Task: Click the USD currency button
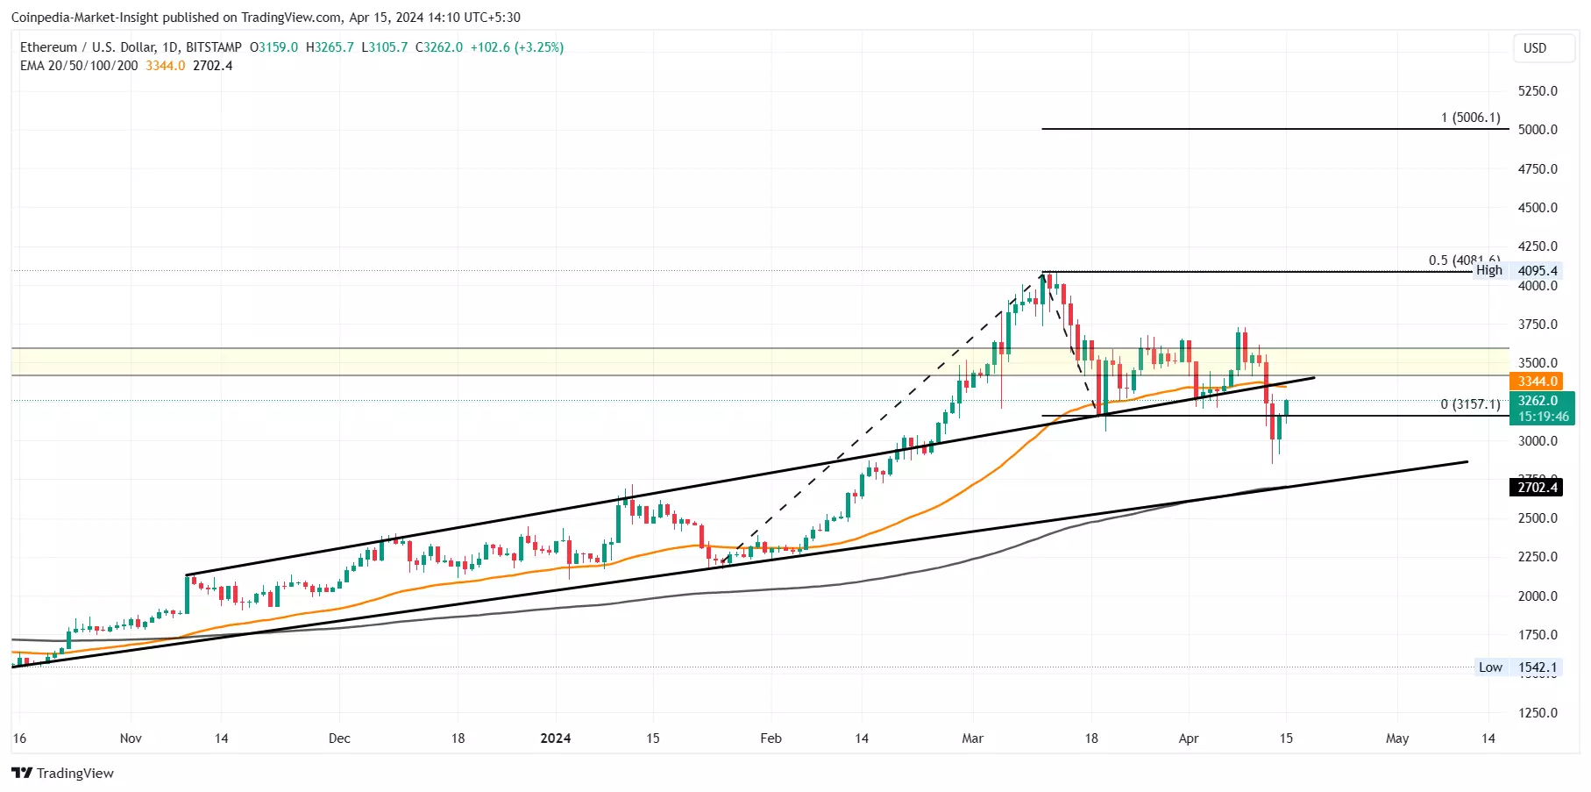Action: pos(1534,48)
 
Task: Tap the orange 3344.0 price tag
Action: pos(1538,382)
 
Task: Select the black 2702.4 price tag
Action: pos(1538,488)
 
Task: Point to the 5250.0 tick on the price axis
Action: pos(1538,91)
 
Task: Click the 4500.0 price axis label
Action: pos(1538,208)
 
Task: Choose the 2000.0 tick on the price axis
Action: pos(1538,596)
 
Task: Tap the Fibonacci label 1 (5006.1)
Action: pos(1470,118)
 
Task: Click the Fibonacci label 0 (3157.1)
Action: pos(1470,404)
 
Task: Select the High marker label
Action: pos(1488,270)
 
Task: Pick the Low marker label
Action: pos(1490,667)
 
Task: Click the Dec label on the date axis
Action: pos(339,738)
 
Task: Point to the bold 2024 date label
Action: pos(556,738)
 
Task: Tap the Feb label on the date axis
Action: pos(771,738)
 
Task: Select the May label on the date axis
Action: pos(1397,738)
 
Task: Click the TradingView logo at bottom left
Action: pos(63,773)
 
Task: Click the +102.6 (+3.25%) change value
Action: pos(517,47)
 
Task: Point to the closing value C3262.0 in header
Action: pos(439,47)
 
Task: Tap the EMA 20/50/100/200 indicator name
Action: pos(79,66)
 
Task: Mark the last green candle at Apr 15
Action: pos(1286,408)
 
